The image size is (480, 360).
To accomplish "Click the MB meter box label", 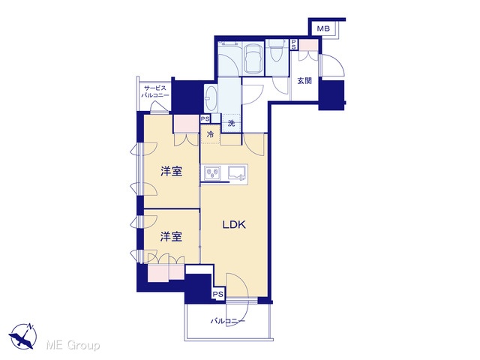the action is [323, 28].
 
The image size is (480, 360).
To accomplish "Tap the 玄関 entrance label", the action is [304, 81].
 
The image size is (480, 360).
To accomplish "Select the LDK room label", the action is [234, 225].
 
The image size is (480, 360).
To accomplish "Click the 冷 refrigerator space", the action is [210, 134].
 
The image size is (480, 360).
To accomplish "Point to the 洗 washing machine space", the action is [232, 123].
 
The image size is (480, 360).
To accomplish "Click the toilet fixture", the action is [277, 52].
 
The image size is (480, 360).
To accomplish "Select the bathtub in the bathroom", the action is [253, 58].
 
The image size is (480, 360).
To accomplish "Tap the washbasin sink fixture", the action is [211, 98].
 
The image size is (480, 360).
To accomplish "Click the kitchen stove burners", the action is [212, 172].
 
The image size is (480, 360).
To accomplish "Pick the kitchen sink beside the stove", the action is [237, 173].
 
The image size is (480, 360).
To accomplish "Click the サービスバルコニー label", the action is [155, 91].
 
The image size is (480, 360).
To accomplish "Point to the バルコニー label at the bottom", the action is [227, 321].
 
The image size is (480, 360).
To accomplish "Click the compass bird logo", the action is [22, 336].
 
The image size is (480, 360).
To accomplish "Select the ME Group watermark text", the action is [73, 345].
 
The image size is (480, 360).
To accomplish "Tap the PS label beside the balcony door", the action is [218, 294].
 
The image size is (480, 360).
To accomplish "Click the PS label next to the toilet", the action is [293, 44].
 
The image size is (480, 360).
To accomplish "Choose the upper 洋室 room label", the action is [172, 172].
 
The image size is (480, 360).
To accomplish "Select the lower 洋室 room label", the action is [171, 236].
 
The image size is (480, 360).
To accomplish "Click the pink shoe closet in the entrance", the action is [308, 45].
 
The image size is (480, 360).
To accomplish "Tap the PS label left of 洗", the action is [205, 118].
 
